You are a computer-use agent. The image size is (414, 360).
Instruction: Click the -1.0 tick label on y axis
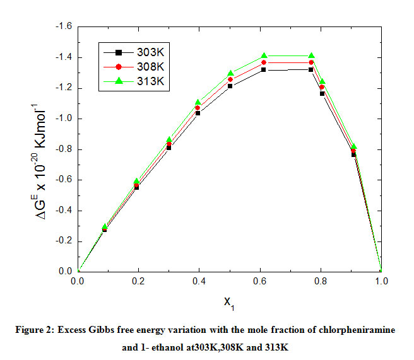pyautogui.click(x=64, y=119)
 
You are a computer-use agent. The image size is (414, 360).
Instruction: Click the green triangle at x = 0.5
pyautogui.click(x=230, y=73)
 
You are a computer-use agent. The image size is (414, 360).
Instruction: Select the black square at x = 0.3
pyautogui.click(x=169, y=148)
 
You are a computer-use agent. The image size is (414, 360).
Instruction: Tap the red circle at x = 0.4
pyautogui.click(x=198, y=108)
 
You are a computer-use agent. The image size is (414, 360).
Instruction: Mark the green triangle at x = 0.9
pyautogui.click(x=353, y=146)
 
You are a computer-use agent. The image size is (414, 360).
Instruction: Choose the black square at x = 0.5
pyautogui.click(x=230, y=86)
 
